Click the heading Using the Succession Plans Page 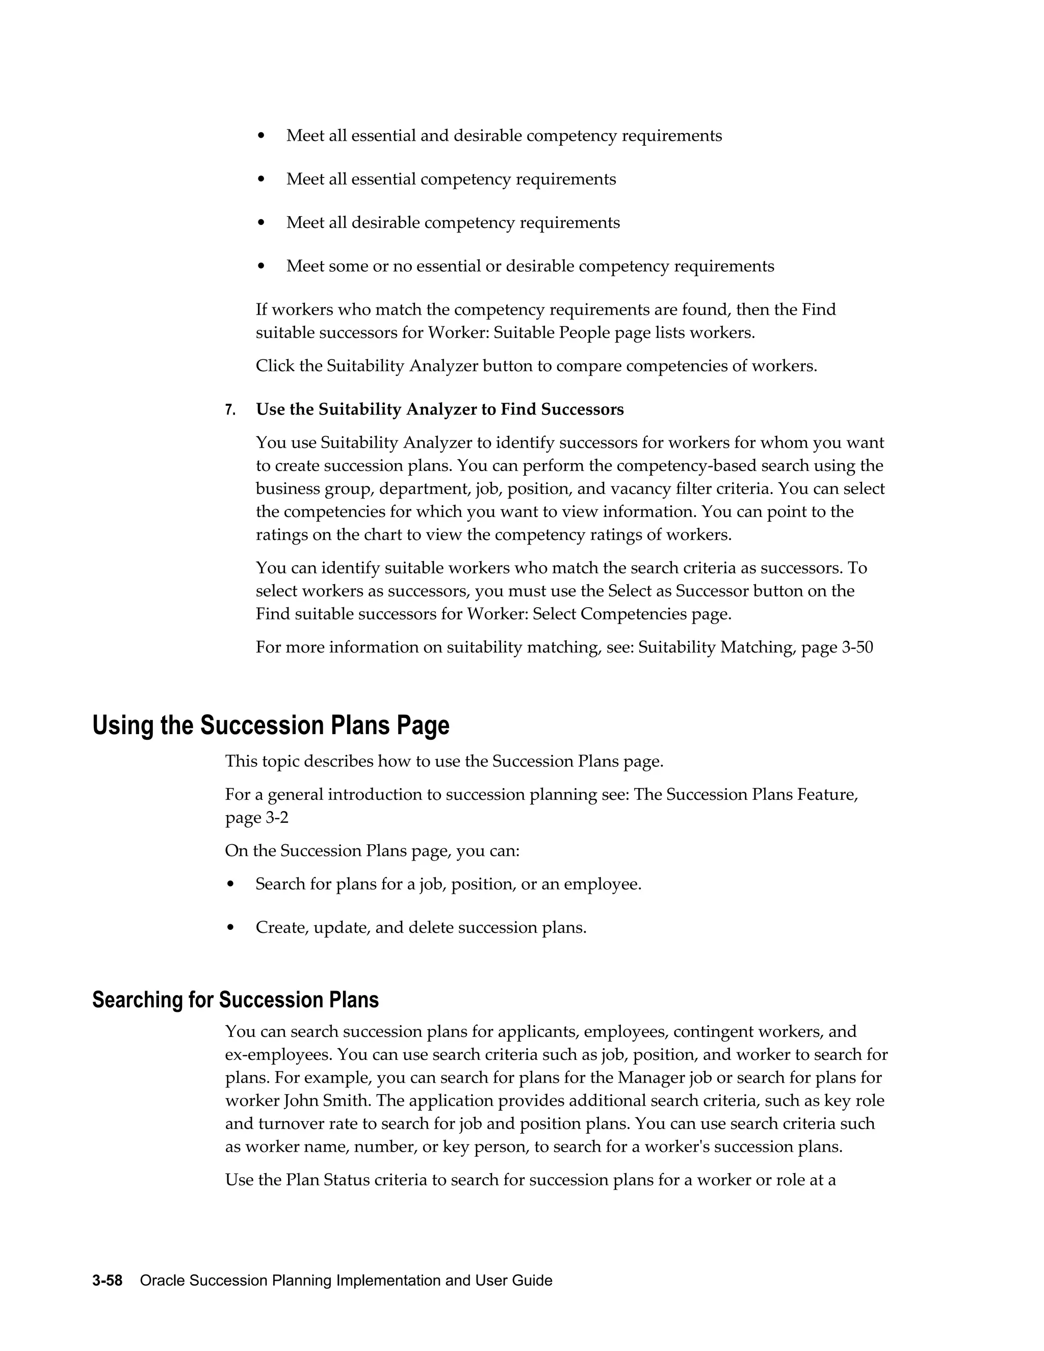pyautogui.click(x=270, y=725)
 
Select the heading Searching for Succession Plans pyautogui.click(x=235, y=1000)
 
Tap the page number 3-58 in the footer pyautogui.click(x=107, y=1281)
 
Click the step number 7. pyautogui.click(x=229, y=410)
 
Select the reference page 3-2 pyautogui.click(x=257, y=818)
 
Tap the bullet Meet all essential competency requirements pyautogui.click(x=451, y=179)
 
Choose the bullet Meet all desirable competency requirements pyautogui.click(x=453, y=223)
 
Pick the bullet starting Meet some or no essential pyautogui.click(x=530, y=266)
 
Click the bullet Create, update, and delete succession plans pyautogui.click(x=421, y=927)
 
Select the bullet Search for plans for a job pyautogui.click(x=448, y=884)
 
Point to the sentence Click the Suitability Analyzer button pyautogui.click(x=536, y=366)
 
